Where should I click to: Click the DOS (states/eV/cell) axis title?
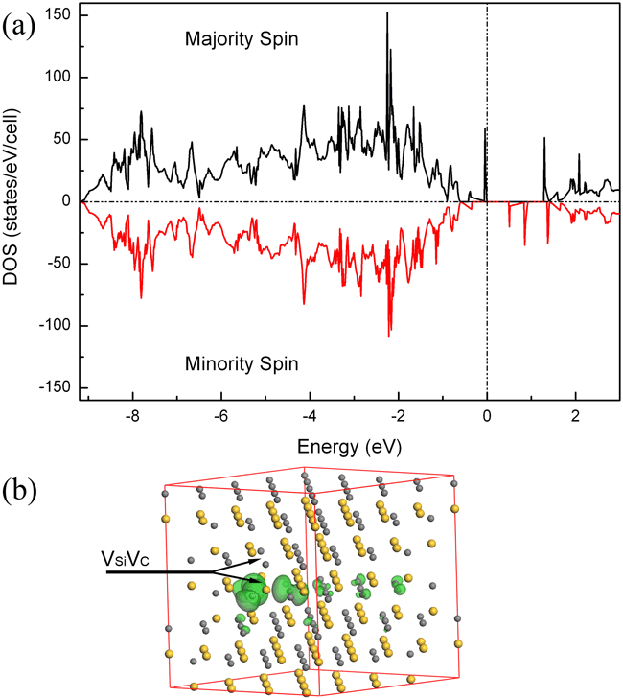coord(18,201)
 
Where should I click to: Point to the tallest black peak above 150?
coord(387,13)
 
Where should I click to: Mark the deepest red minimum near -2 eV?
coord(389,336)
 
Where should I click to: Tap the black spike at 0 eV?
coord(485,128)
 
